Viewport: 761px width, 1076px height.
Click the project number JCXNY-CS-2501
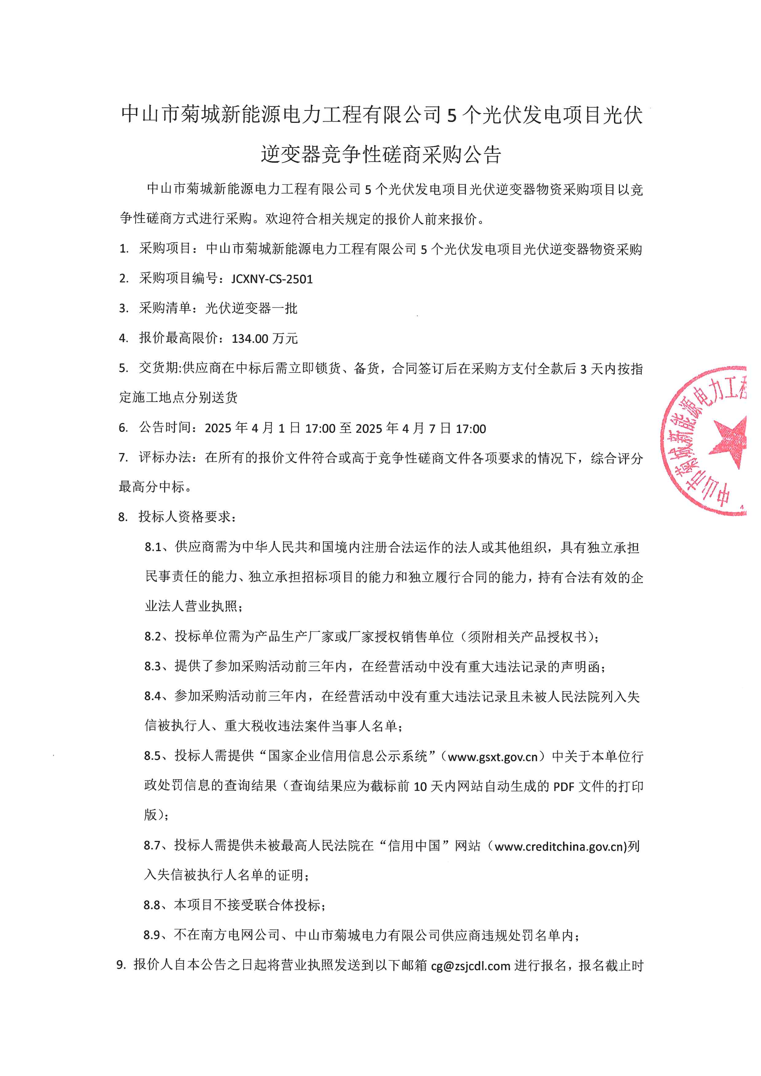[x=272, y=279]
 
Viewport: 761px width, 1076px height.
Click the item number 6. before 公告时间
[x=123, y=428]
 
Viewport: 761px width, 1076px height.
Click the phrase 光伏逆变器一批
[x=251, y=308]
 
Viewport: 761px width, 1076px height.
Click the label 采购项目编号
[x=179, y=279]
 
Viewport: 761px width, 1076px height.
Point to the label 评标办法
[x=165, y=458]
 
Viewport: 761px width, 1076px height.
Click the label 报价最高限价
[x=179, y=338]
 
